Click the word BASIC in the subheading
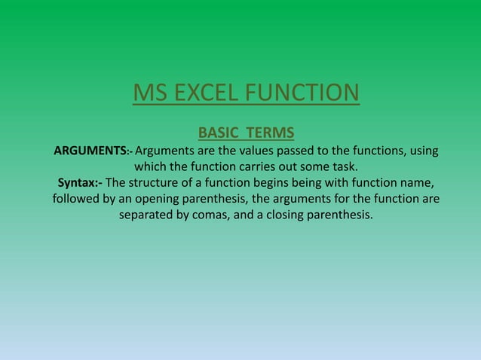coord(219,134)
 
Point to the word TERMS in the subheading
coord(264,134)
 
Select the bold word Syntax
coord(79,183)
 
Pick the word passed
coord(305,151)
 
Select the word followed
coord(77,200)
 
